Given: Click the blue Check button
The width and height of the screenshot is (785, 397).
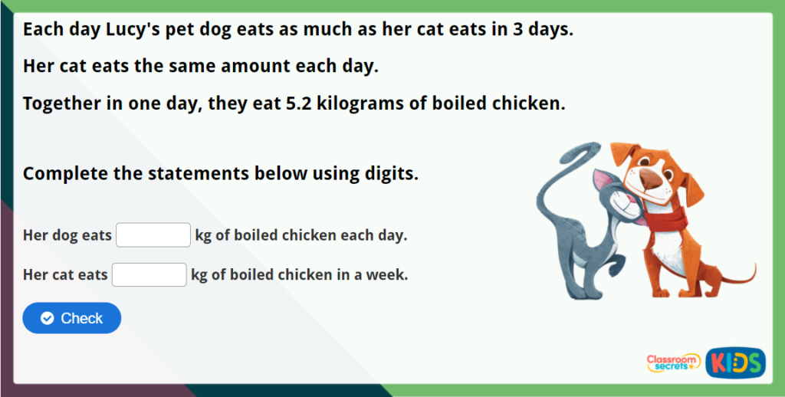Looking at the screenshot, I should pos(72,318).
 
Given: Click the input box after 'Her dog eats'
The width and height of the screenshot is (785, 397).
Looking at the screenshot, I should pos(153,235).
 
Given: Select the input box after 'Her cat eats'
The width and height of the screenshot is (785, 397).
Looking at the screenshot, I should pos(149,274).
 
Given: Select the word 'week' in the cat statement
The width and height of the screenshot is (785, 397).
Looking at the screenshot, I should pos(386,274).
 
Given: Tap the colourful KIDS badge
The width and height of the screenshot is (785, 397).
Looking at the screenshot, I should pos(735,363).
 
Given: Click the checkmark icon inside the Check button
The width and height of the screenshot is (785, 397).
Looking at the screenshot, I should pos(48,318).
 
